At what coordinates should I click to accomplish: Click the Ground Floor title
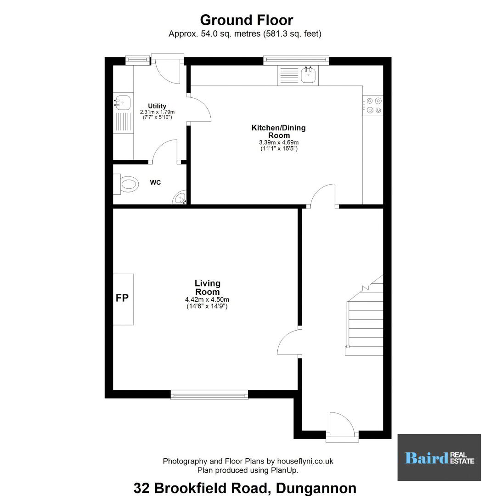[x=247, y=20]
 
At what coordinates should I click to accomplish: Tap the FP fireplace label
[x=122, y=298]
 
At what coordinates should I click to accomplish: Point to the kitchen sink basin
[x=309, y=75]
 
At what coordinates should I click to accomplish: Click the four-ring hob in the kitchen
[x=373, y=105]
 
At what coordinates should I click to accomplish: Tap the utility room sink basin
[x=122, y=103]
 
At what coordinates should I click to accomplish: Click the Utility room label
[x=157, y=106]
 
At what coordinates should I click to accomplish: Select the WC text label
[x=155, y=182]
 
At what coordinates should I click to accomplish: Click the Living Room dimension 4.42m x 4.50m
[x=207, y=299]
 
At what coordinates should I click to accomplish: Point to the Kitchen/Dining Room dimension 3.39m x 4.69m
[x=279, y=142]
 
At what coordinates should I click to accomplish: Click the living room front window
[x=209, y=395]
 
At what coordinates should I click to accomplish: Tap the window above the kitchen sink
[x=296, y=60]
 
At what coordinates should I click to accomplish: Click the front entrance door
[x=343, y=425]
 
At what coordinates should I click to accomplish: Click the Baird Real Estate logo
[x=440, y=457]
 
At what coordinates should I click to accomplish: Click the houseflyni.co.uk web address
[x=305, y=461]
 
